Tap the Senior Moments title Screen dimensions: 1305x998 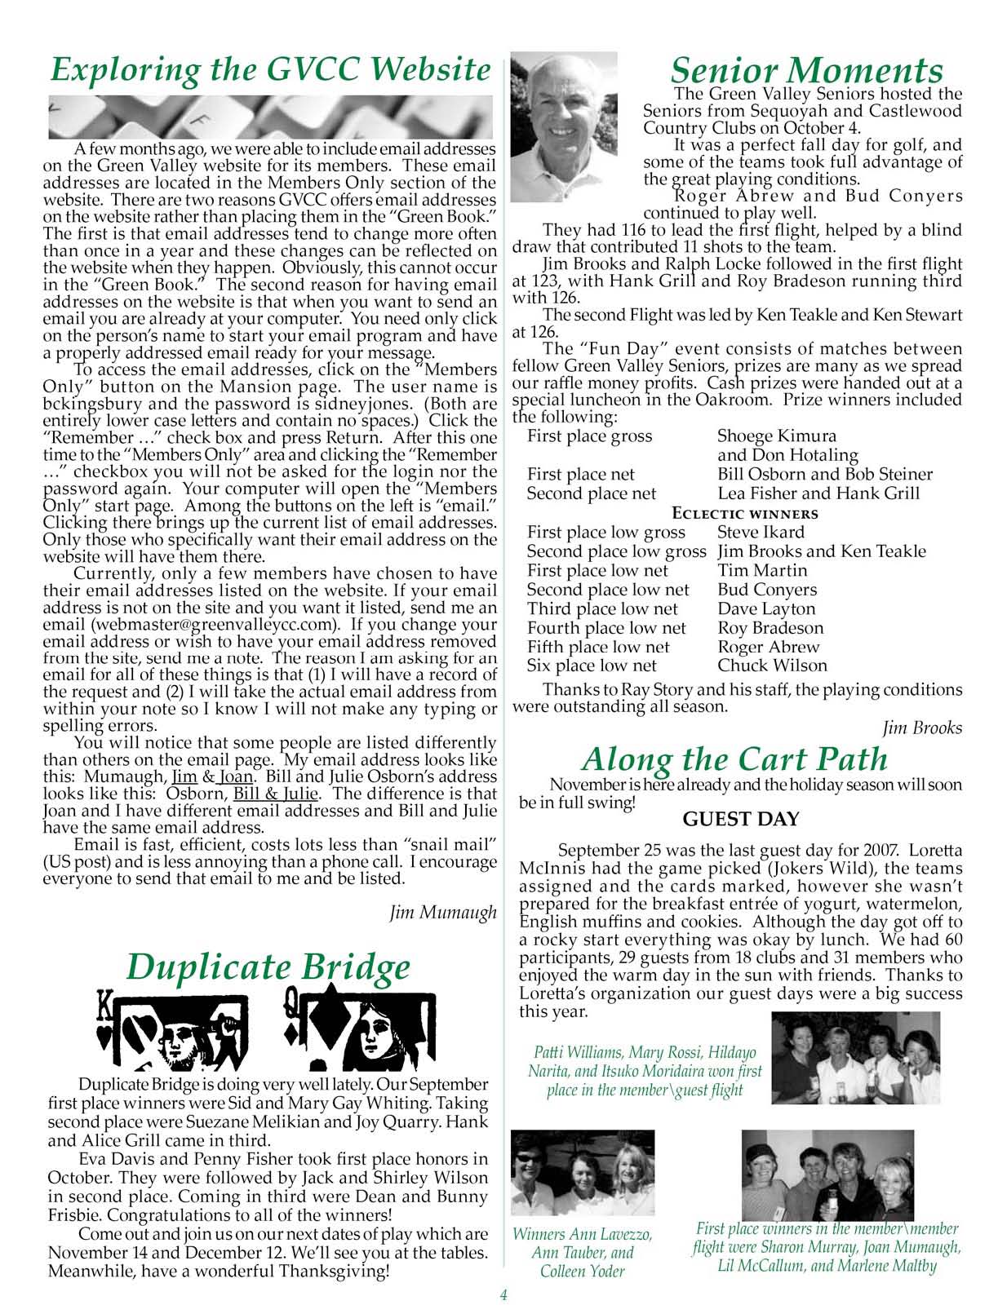point(806,71)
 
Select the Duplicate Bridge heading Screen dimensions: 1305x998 point(268,967)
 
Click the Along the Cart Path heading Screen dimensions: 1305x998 point(734,759)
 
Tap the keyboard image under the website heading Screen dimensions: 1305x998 point(270,117)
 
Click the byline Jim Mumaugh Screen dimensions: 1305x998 point(443,913)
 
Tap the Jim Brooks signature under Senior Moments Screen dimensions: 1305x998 point(922,728)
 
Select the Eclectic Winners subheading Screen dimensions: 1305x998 point(744,514)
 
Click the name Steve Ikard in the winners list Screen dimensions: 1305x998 point(761,533)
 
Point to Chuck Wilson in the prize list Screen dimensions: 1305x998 point(772,666)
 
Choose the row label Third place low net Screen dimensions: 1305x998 point(602,609)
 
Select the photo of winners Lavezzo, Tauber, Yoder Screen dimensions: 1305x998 point(582,1172)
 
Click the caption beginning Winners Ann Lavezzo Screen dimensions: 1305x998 point(582,1253)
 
